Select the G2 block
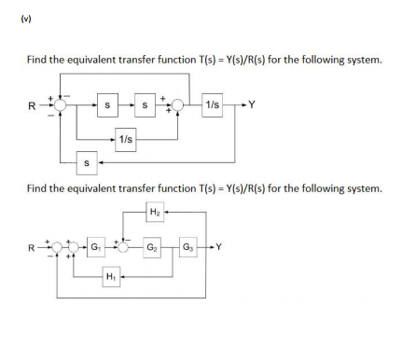click(151, 247)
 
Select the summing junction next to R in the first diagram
click(59, 105)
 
